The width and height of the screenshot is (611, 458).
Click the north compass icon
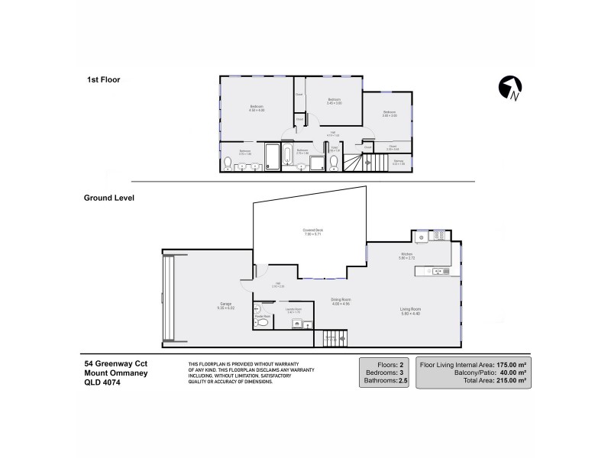[510, 89]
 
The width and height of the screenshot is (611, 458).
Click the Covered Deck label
[309, 231]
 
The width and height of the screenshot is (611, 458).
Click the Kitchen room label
[407, 256]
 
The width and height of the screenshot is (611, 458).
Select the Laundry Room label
[295, 310]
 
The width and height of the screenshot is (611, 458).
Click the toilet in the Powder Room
[263, 324]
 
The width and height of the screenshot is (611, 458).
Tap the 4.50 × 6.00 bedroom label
[256, 108]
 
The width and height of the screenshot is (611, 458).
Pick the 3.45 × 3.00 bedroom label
[334, 101]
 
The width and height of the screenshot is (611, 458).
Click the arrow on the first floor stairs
[367, 162]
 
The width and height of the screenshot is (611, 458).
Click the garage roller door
[169, 298]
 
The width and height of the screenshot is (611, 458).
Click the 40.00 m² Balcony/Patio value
[512, 373]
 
